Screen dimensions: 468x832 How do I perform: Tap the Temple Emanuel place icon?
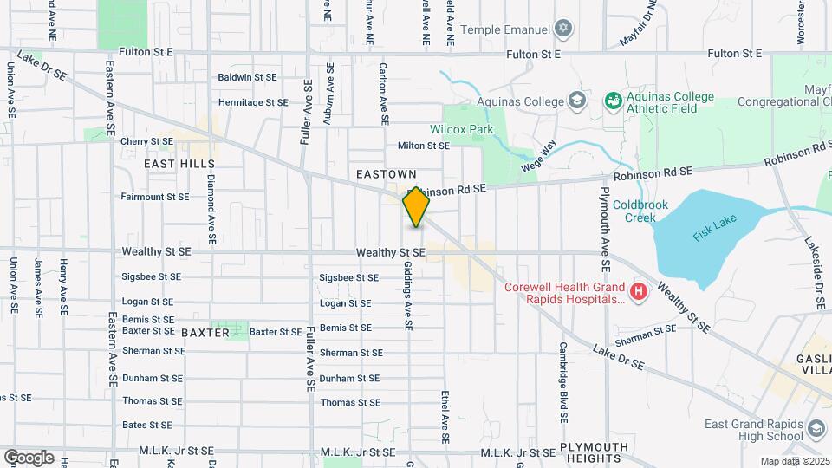pyautogui.click(x=564, y=29)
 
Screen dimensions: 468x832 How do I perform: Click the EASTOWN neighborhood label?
pyautogui.click(x=387, y=174)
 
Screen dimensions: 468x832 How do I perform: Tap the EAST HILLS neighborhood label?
pyautogui.click(x=179, y=163)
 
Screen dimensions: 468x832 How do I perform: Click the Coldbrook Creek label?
pyautogui.click(x=634, y=211)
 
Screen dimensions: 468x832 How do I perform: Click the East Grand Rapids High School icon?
pyautogui.click(x=816, y=429)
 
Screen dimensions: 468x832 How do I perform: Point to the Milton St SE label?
pyautogui.click(x=424, y=146)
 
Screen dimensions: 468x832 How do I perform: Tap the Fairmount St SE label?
pyautogui.click(x=155, y=197)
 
